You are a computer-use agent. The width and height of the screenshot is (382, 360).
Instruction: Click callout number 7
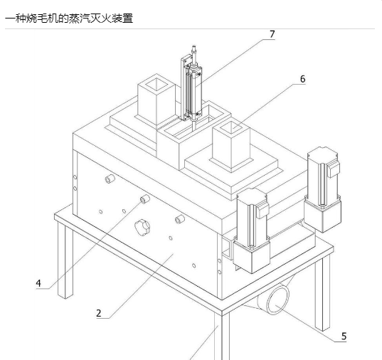272,34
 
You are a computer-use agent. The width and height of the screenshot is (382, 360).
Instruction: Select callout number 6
302,79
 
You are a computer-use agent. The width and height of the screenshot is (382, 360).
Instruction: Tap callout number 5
344,337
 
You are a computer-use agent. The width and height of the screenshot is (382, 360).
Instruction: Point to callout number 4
38,283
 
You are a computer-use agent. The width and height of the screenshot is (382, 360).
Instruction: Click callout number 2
99,313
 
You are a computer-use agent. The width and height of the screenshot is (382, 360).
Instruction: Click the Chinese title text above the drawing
69,18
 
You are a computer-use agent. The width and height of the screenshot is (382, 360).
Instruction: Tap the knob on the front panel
142,227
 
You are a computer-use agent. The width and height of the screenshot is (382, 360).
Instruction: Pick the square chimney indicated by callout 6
231,147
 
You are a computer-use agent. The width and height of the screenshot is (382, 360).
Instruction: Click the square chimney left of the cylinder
156,100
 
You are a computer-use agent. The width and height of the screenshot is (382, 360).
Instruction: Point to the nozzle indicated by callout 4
145,199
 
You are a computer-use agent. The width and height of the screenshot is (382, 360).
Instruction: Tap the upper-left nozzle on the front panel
110,179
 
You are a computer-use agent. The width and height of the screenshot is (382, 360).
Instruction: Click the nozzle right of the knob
180,219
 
